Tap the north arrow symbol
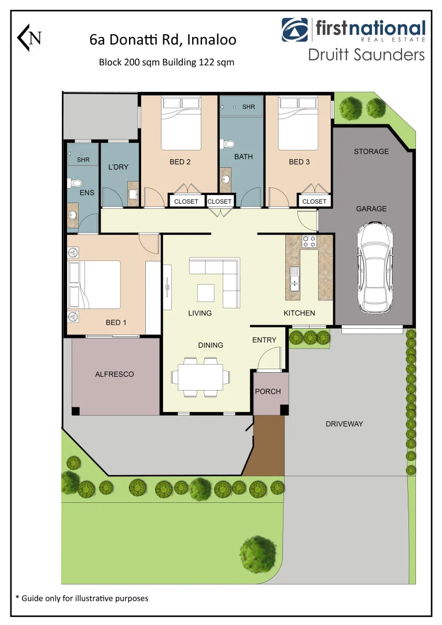click(x=30, y=38)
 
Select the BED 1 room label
click(x=116, y=322)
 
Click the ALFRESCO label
click(x=115, y=374)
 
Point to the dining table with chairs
click(x=200, y=377)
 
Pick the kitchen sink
click(x=294, y=280)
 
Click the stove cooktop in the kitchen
click(x=310, y=242)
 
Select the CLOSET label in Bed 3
click(x=314, y=201)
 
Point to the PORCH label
click(x=268, y=392)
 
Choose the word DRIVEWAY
click(x=344, y=424)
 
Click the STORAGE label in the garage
click(x=371, y=152)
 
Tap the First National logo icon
click(x=295, y=30)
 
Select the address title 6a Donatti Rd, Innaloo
click(x=163, y=39)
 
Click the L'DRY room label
click(x=118, y=167)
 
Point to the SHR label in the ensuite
click(x=83, y=160)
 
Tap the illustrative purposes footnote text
click(x=82, y=598)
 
